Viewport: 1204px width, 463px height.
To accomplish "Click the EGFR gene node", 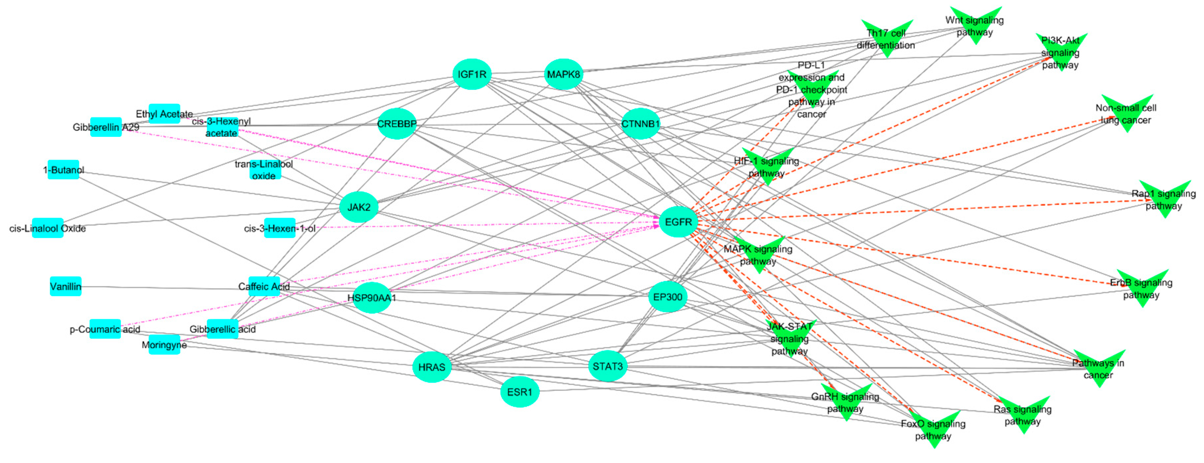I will pos(678,222).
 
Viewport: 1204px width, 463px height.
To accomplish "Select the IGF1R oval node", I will pos(472,74).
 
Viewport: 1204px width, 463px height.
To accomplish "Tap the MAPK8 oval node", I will pos(564,74).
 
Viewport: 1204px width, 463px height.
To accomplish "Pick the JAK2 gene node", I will pos(359,207).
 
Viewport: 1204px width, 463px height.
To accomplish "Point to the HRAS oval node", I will pos(431,367).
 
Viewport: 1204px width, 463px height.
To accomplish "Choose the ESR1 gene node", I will pos(520,392).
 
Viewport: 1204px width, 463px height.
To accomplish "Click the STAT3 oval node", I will pos(608,366).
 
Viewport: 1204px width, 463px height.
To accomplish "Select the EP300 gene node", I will pos(667,297).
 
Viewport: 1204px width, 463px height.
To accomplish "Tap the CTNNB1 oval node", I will pos(640,124).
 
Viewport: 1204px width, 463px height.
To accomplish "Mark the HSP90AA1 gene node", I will pos(371,298).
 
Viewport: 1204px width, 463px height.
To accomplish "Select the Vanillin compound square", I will pos(65,286).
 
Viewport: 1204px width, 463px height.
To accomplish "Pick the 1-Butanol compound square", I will pos(64,170).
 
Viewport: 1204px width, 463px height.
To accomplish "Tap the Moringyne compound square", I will pos(164,345).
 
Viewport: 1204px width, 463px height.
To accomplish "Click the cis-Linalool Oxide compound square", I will pos(48,228).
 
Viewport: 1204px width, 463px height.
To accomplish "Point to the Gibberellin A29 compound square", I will pos(106,127).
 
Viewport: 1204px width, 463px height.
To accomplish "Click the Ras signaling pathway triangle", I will pos(1023,413).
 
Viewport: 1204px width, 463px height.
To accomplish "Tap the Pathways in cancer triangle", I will pos(1099,367).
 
